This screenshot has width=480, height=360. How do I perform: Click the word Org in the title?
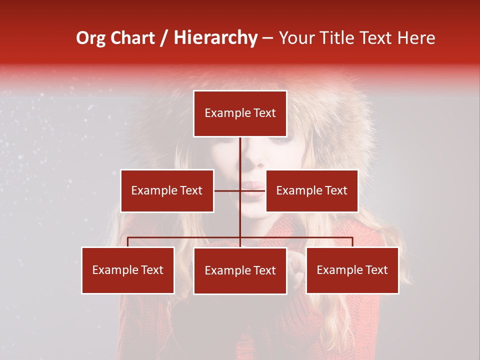91,38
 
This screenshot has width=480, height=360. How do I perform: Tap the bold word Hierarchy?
215,38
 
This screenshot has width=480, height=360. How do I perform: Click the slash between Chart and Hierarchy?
164,38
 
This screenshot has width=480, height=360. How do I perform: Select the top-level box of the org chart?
240,113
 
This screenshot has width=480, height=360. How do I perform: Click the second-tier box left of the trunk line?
167,190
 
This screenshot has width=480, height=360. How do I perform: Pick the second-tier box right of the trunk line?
311,190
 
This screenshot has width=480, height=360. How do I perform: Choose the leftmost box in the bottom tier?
128,270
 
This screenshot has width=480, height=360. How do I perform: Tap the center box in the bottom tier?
240,270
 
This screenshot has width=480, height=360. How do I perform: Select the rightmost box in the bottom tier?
352,270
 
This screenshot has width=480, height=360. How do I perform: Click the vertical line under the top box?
240,155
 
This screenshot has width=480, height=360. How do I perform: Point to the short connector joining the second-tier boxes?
227,190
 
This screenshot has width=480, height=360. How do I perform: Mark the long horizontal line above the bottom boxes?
185,237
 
